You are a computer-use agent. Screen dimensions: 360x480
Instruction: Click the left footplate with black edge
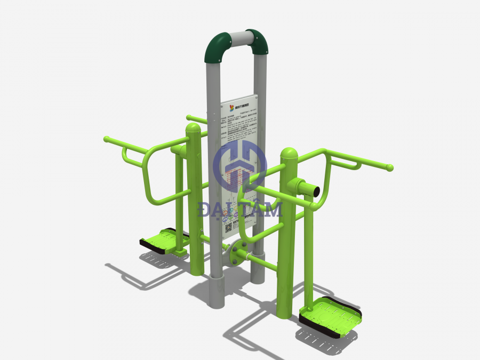(161, 241)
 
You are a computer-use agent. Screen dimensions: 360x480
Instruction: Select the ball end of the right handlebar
(390, 167)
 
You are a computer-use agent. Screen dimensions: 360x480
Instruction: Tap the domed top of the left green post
(193, 129)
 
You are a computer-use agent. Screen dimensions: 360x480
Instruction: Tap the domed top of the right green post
(290, 153)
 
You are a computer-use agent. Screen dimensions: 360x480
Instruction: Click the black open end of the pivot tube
(316, 190)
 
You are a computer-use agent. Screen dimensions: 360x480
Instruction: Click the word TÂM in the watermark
(262, 209)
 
